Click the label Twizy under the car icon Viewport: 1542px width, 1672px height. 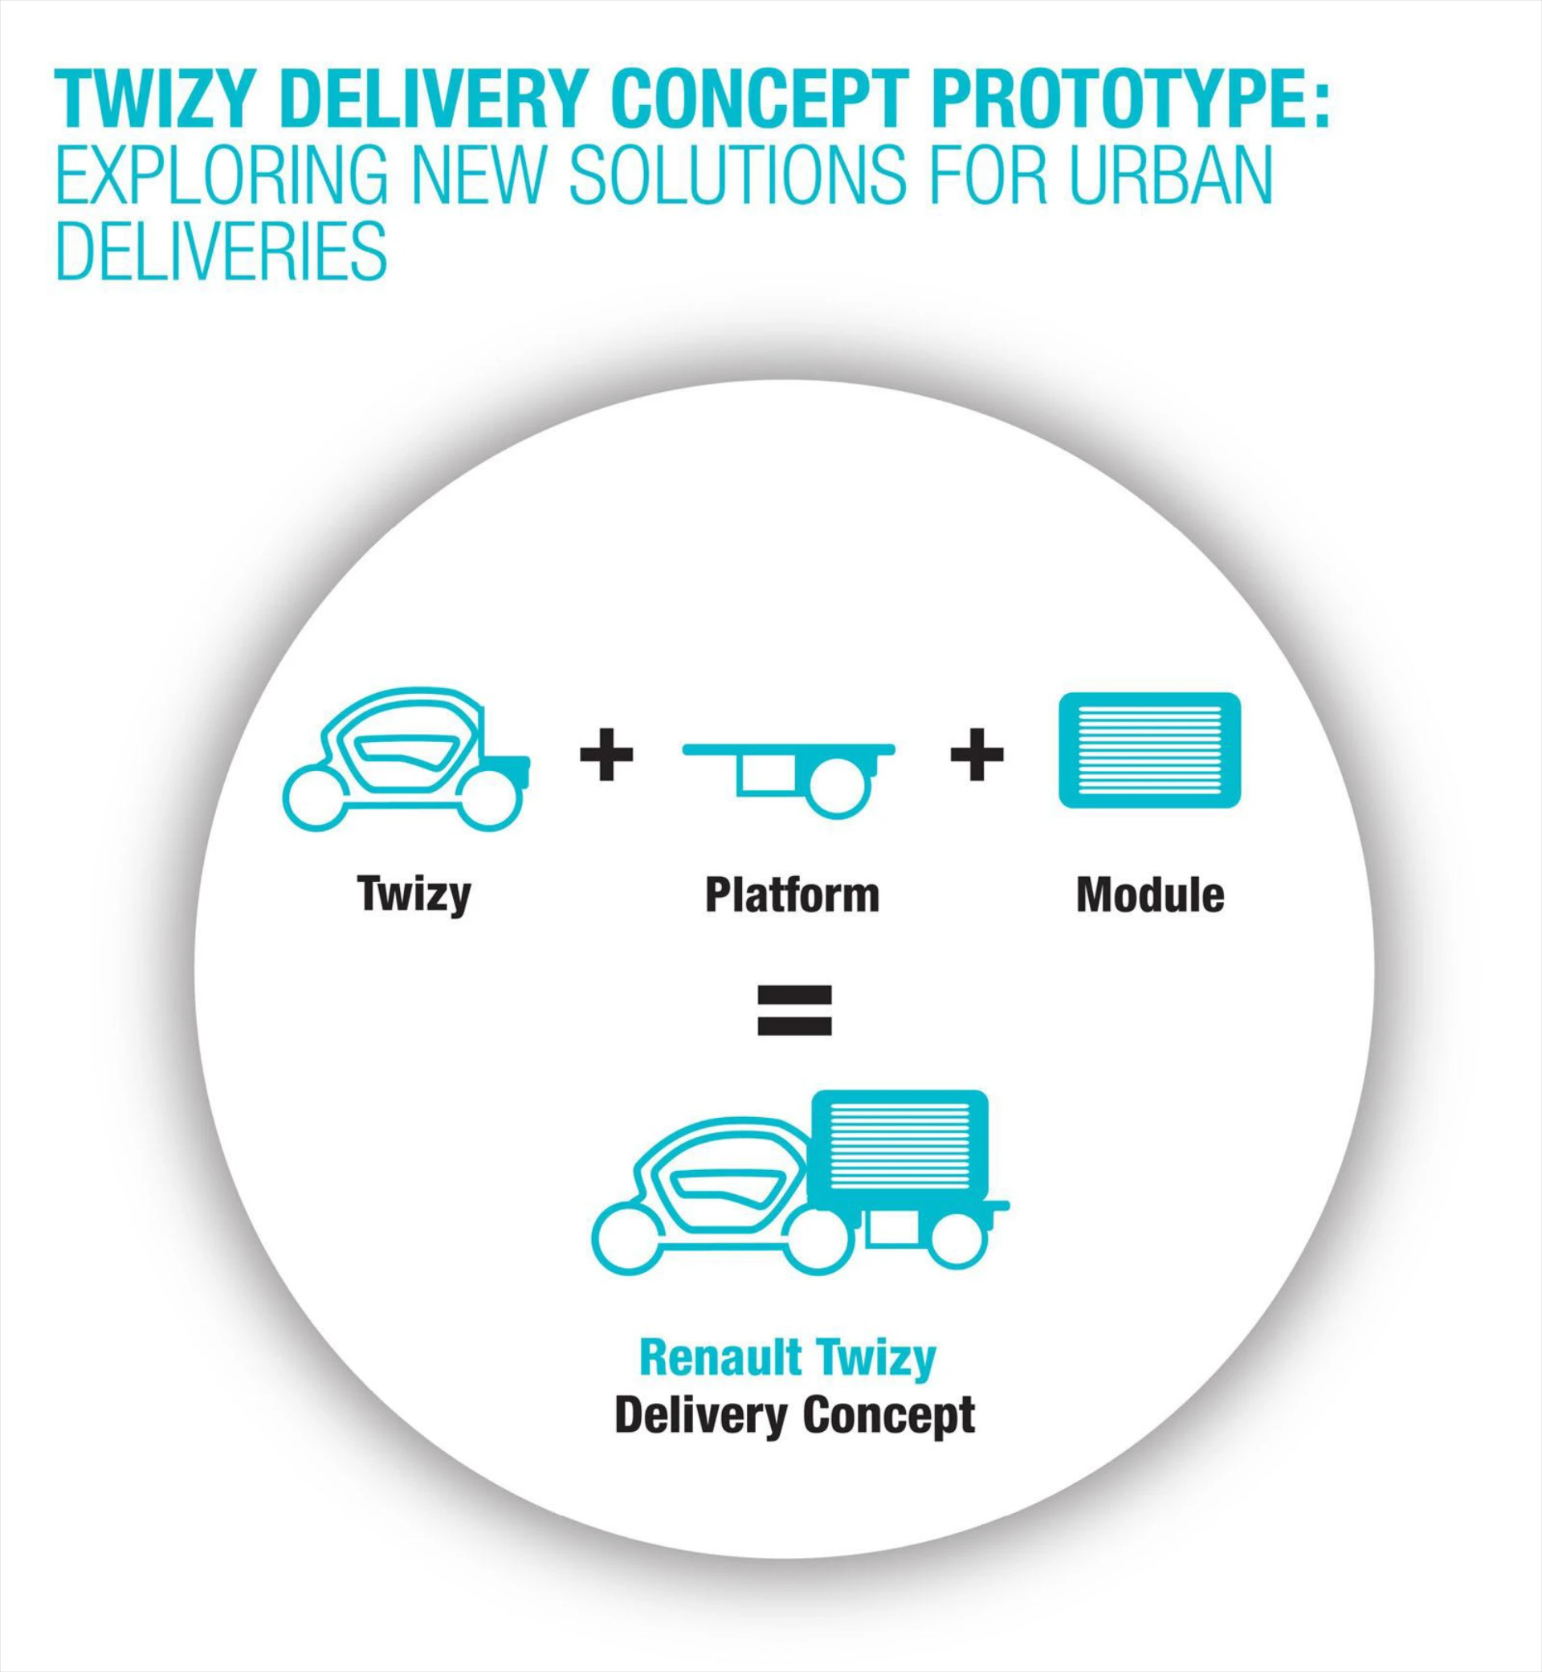[414, 895]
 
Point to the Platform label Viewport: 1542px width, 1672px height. [792, 895]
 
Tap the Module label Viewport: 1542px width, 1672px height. [1150, 895]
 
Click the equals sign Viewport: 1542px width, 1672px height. [793, 1009]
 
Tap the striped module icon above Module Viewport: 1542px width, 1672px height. [1149, 750]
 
